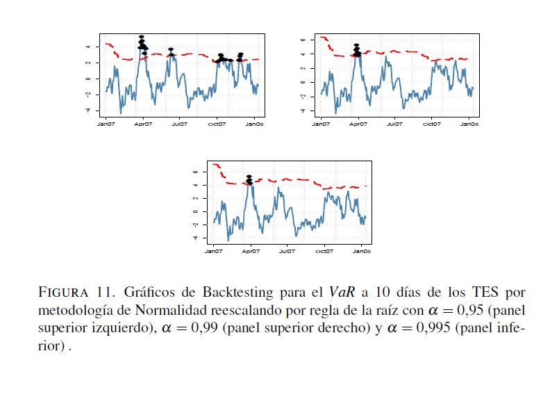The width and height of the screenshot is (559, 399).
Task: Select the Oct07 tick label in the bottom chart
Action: click(324, 250)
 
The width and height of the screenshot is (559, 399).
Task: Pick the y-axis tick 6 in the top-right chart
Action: click(303, 40)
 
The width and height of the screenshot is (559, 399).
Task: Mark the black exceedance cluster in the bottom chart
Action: click(249, 180)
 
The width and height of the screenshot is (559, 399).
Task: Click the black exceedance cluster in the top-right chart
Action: click(356, 50)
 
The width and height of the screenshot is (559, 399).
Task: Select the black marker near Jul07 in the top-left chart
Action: click(171, 52)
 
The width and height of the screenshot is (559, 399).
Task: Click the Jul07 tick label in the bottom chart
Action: click(286, 250)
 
